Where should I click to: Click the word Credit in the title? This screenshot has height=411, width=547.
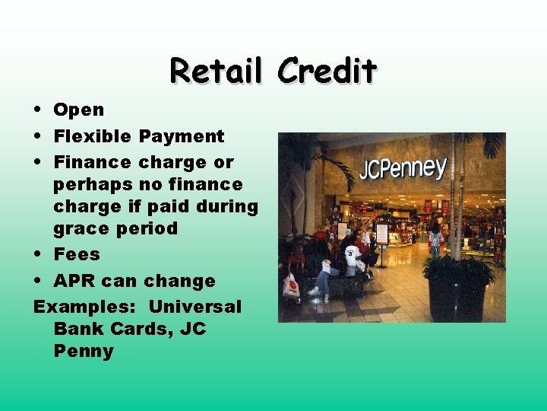[327, 71]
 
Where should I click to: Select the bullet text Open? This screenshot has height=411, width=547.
[78, 110]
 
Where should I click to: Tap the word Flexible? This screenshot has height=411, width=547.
[93, 136]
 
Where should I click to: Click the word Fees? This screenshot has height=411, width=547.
[76, 254]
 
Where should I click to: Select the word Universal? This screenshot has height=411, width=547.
[194, 307]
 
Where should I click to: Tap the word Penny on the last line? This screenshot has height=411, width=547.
[84, 351]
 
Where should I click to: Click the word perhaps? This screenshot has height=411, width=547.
[93, 184]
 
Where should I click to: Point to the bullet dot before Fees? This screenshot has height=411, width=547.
[38, 254]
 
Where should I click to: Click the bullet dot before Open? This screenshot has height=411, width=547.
[38, 110]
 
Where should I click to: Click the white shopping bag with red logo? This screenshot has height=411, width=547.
[291, 285]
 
